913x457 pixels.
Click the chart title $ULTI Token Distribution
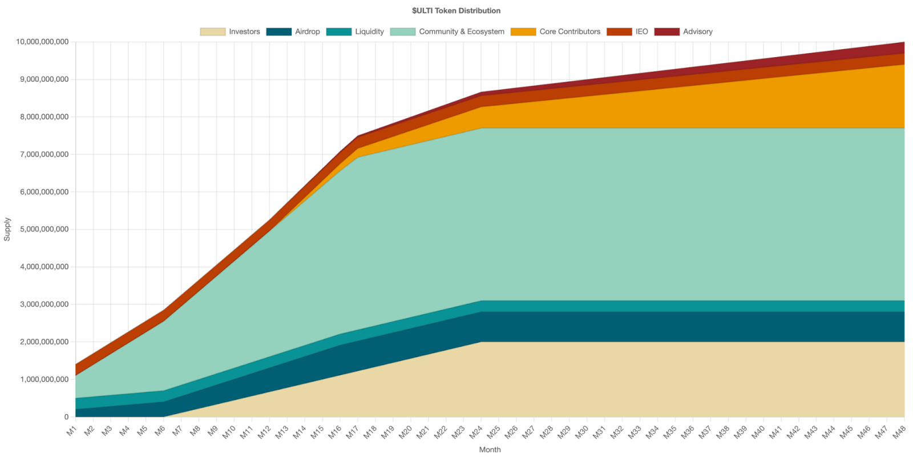456,10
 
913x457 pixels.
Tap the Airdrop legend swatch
278,32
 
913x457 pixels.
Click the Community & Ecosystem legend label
462,32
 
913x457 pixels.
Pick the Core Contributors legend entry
569,32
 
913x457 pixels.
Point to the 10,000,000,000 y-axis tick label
42,42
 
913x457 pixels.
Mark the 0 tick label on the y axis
66,417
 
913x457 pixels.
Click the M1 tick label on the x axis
71,432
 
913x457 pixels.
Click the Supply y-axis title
7,229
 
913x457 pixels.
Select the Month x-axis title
490,450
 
